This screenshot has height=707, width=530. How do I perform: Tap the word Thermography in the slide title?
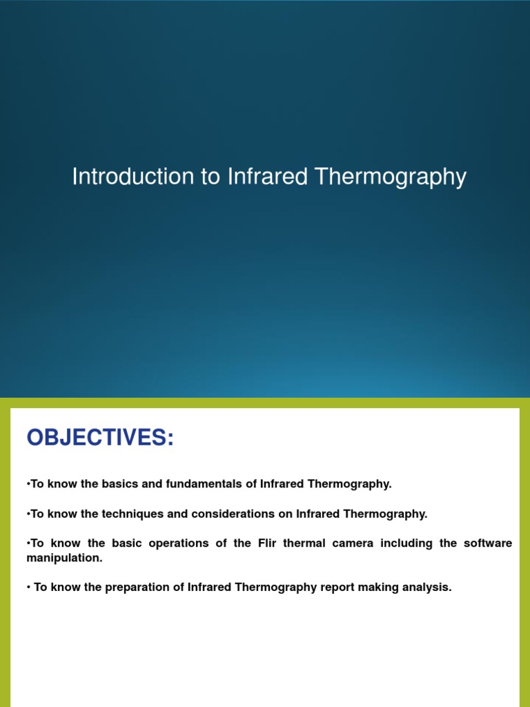click(391, 177)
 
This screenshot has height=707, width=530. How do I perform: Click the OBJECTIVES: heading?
click(100, 438)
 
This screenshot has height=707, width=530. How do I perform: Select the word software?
click(488, 543)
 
